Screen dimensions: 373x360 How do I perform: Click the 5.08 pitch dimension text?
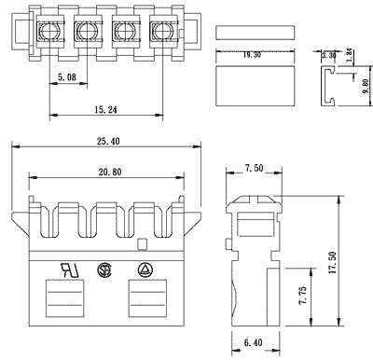[x=67, y=76]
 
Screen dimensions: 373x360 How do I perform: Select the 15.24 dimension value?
[x=105, y=110]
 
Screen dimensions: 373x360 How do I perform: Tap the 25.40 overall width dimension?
[x=108, y=142]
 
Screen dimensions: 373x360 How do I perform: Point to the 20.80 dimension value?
[x=110, y=172]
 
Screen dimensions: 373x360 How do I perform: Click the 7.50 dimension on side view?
[x=254, y=168]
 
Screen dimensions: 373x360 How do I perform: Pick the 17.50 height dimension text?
[x=333, y=262]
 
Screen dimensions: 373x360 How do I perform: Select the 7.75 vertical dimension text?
[x=302, y=296]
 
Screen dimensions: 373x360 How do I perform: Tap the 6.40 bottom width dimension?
[x=254, y=342]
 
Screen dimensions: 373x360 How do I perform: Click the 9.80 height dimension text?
[x=366, y=86]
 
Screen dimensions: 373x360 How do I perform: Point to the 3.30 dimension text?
[x=329, y=55]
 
